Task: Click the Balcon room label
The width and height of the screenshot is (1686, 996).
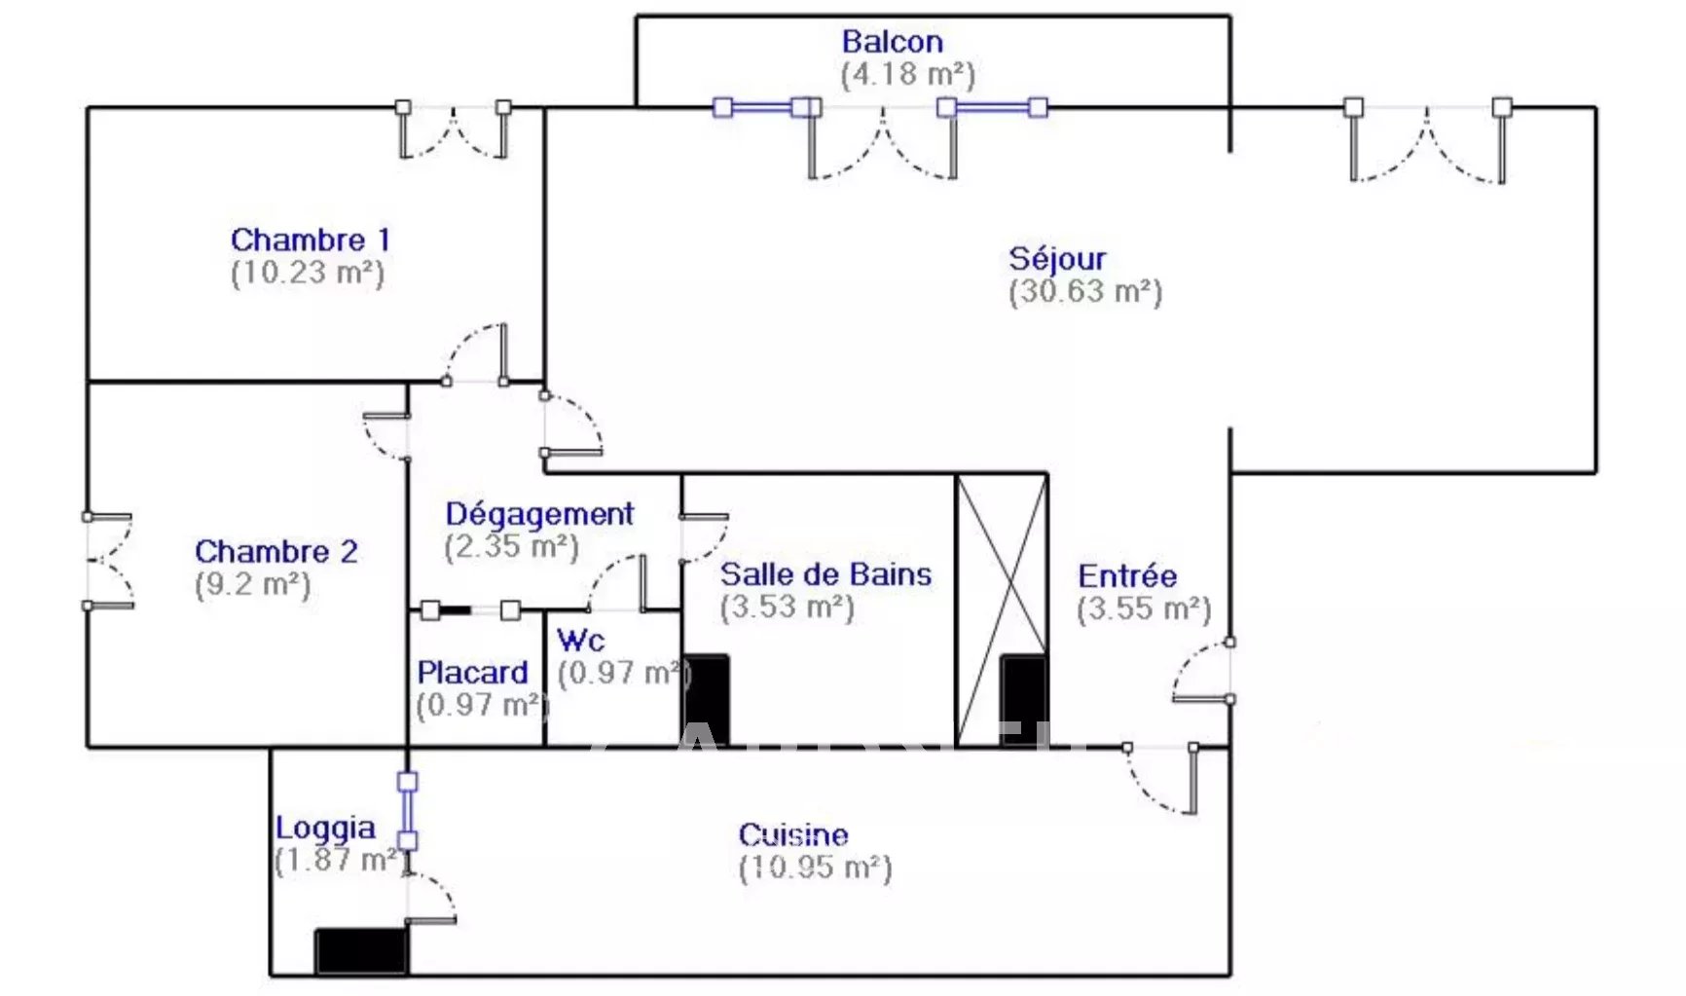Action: [892, 42]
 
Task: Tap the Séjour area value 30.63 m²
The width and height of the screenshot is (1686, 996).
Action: [1085, 291]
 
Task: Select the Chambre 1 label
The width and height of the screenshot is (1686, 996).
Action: [310, 240]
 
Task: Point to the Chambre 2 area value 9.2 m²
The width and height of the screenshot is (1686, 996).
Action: [252, 584]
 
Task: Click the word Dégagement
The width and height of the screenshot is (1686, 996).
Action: [539, 513]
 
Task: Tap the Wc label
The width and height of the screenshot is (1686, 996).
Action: [580, 641]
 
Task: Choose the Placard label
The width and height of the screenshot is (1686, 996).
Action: [472, 672]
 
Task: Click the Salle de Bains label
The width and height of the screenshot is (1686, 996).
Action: [825, 574]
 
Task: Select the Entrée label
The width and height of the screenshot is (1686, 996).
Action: [1127, 575]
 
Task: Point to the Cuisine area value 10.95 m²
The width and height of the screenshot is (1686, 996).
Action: [815, 867]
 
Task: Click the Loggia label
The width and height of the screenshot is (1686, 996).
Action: [324, 828]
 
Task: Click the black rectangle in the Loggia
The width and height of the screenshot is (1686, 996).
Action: [361, 950]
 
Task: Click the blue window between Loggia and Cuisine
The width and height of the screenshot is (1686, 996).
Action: [408, 810]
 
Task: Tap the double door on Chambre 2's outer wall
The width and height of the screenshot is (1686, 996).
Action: [107, 561]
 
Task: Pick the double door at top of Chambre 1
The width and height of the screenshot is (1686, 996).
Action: [454, 132]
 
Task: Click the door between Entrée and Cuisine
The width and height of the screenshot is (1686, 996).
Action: [1162, 778]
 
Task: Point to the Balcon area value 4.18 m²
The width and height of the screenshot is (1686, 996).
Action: [907, 74]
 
